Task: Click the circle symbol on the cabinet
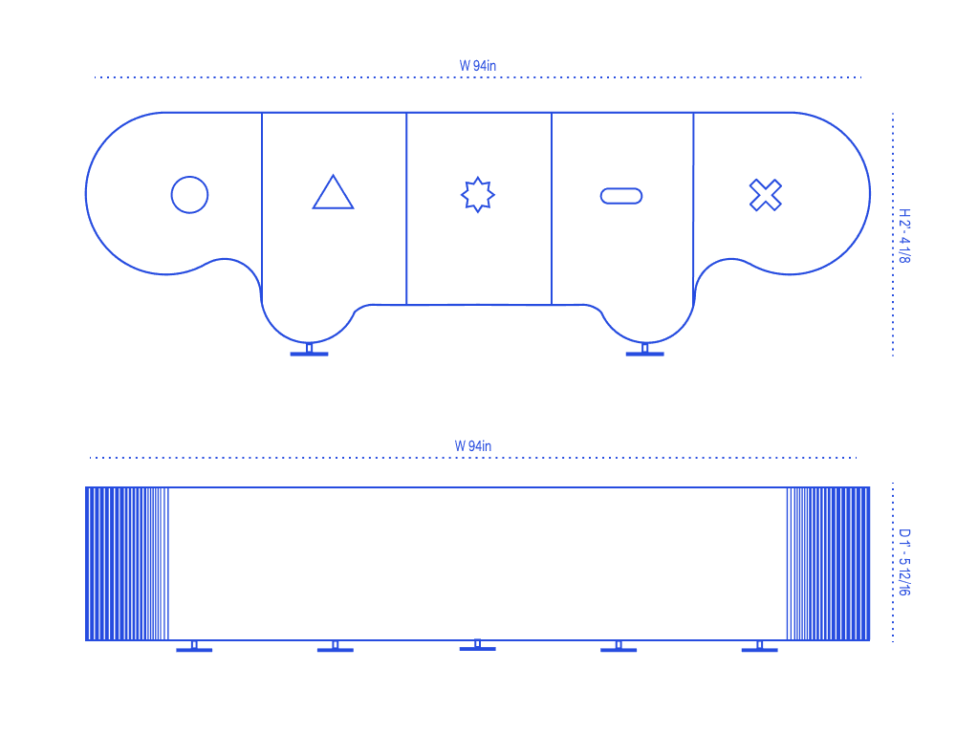pos(189,195)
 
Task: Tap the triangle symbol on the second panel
pos(333,193)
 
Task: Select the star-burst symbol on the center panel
pos(478,195)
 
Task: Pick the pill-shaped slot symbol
pos(621,196)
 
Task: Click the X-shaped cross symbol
pos(765,195)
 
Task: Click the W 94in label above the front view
pos(477,66)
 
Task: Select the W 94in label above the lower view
pos(473,445)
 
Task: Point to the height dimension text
pos(903,237)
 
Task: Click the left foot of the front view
pos(309,353)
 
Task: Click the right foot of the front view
pos(645,353)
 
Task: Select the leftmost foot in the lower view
pos(194,649)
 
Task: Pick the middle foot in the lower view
pos(477,647)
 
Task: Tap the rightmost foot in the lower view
pos(759,649)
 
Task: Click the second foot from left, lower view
pos(335,649)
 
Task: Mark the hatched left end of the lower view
pos(126,564)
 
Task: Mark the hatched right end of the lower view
pos(828,564)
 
